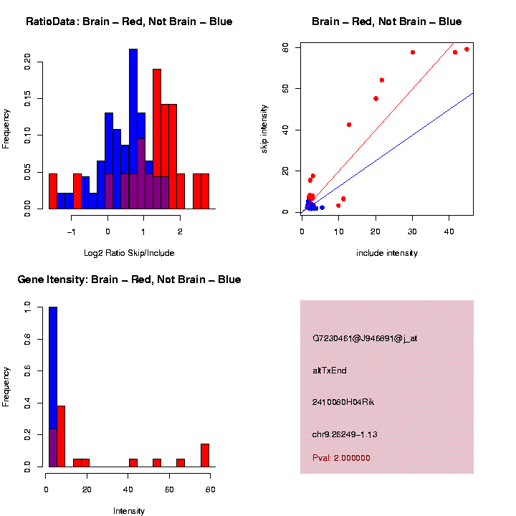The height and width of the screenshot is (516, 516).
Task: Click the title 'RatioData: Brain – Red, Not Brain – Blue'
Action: (129, 21)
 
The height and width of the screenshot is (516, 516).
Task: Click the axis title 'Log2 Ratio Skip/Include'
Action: (129, 252)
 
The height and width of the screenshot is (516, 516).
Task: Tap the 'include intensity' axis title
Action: (387, 252)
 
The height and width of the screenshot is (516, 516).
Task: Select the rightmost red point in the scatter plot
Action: (467, 49)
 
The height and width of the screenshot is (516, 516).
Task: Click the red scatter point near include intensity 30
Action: (413, 52)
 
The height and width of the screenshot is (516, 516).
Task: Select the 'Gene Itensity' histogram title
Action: (129, 279)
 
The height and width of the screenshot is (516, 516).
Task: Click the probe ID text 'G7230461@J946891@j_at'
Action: (365, 338)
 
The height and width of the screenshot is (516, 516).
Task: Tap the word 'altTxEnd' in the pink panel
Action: (330, 371)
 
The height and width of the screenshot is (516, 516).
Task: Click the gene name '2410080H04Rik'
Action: (343, 402)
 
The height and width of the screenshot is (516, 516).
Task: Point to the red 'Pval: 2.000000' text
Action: (341, 457)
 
